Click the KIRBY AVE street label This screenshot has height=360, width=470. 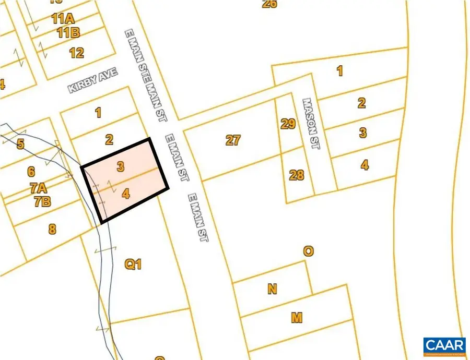tap(93, 82)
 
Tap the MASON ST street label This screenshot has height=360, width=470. tap(312, 125)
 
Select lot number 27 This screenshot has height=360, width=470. tap(233, 140)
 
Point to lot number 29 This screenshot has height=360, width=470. tap(288, 124)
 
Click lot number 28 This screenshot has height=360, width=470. tap(296, 174)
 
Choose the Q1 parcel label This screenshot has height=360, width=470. tap(133, 265)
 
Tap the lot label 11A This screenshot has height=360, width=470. tap(63, 19)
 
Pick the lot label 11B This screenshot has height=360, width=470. tap(68, 33)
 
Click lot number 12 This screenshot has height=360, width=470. tap(76, 52)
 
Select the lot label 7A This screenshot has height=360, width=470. tap(37, 187)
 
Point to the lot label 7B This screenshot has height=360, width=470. tap(42, 201)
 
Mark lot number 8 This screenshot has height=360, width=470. tap(52, 228)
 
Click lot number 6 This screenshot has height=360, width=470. tap(31, 171)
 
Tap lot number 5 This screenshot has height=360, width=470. tap(20, 144)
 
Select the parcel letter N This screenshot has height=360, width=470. tap(272, 289)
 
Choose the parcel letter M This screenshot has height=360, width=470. tap(297, 317)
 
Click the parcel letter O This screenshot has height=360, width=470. tap(309, 251)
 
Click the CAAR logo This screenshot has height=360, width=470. tap(444, 346)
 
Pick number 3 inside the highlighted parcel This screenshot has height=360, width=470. tap(121, 166)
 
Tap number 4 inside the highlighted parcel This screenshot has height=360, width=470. tap(125, 194)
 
